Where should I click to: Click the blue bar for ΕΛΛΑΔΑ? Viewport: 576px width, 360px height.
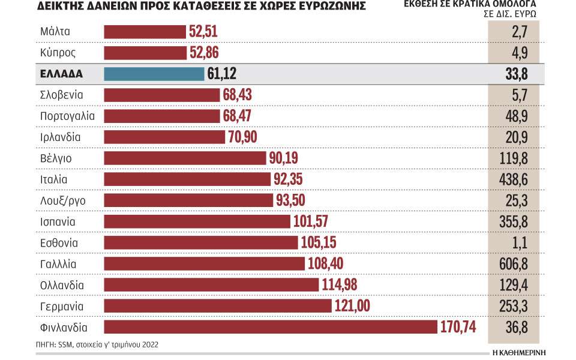click(154, 74)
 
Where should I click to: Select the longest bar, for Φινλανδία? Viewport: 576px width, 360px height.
click(271, 328)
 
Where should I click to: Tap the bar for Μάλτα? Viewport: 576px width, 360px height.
click(145, 31)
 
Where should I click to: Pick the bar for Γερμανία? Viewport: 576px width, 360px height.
click(218, 306)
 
